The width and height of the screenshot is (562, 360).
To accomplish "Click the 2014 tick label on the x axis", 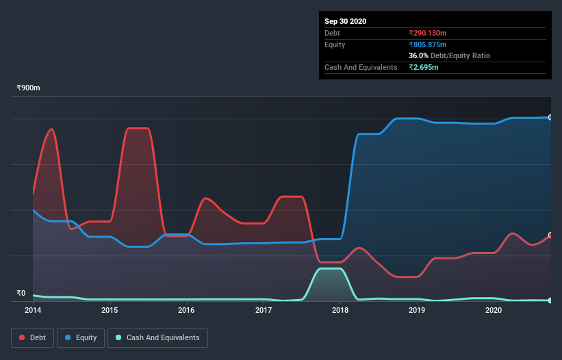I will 33,310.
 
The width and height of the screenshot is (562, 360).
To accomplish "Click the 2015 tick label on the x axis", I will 110,310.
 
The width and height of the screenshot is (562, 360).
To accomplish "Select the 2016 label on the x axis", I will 186,310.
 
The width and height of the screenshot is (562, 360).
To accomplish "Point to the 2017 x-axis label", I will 264,310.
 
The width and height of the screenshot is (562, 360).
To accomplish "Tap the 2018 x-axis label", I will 340,310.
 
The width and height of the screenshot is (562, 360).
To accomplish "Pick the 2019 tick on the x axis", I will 417,310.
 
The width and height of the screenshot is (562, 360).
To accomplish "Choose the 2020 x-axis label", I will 494,310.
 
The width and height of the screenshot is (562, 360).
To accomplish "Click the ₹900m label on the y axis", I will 28,88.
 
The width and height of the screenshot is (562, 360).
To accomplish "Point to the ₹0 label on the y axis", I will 21,293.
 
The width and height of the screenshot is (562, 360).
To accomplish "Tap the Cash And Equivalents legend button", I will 157,337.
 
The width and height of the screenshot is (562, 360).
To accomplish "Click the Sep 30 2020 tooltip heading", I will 345,21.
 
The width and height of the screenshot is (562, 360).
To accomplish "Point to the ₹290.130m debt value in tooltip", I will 428,33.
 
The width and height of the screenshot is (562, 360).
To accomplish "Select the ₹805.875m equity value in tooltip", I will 428,44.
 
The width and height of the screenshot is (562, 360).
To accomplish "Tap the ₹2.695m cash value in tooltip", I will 424,67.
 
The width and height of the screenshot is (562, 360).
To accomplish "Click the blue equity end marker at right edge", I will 550,118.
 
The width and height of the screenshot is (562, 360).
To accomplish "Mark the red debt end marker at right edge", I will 550,235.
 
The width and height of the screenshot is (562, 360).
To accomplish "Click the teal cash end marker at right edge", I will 550,300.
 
